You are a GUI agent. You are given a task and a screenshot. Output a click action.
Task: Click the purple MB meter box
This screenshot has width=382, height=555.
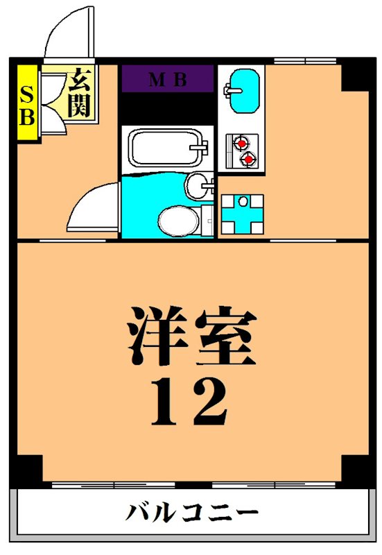[167, 79]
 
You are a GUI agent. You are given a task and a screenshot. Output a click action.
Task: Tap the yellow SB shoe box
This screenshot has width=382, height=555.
[26, 104]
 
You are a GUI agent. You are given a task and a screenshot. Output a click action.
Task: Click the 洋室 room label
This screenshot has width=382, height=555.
[191, 337]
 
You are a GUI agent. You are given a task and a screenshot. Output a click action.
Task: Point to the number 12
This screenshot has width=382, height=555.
[189, 402]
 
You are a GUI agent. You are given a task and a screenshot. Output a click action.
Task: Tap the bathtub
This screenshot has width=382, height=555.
[165, 147]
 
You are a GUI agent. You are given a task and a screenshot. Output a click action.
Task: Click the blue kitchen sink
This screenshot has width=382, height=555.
[243, 90]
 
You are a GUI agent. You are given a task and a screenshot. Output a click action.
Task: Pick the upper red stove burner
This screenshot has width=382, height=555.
[242, 144]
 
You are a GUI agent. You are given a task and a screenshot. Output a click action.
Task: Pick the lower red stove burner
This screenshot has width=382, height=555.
[246, 160]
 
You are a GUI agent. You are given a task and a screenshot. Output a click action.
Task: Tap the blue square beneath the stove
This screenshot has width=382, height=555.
[243, 213]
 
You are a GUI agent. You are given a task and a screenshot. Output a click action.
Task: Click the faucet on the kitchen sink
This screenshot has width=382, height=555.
[229, 89]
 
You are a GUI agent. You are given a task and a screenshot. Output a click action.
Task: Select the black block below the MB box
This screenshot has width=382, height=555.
[167, 108]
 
